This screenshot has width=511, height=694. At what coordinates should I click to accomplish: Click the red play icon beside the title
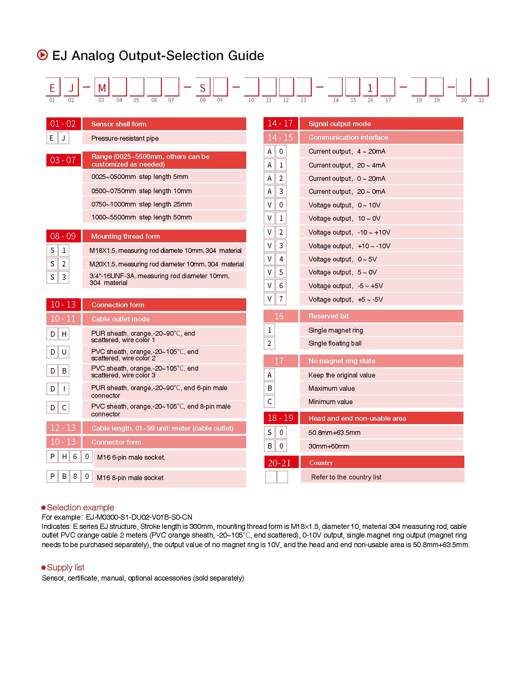pyautogui.click(x=42, y=55)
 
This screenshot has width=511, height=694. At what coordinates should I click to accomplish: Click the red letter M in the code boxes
pyautogui.click(x=102, y=88)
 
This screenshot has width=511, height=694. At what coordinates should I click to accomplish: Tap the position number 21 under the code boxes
pyautogui.click(x=481, y=100)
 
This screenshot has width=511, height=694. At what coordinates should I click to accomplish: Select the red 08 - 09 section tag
pyautogui.click(x=63, y=236)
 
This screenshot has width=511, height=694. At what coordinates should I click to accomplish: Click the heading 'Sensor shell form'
pyautogui.click(x=119, y=124)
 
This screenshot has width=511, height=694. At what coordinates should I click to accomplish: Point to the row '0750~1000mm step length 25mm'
pyautogui.click(x=141, y=204)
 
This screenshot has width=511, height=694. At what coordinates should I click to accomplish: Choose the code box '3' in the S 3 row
pyautogui.click(x=64, y=277)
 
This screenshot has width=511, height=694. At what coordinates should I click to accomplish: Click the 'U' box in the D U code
pyautogui.click(x=64, y=352)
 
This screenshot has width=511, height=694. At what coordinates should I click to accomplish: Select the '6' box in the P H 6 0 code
pyautogui.click(x=75, y=457)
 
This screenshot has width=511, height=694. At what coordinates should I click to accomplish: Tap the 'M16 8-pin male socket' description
pyautogui.click(x=130, y=478)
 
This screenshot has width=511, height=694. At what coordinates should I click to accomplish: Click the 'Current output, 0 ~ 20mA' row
pyautogui.click(x=347, y=179)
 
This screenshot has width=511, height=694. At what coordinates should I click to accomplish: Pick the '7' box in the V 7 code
pyautogui.click(x=281, y=299)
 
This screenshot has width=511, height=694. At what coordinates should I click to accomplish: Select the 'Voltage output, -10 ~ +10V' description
pyautogui.click(x=349, y=232)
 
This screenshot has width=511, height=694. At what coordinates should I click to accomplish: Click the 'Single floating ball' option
pyautogui.click(x=335, y=343)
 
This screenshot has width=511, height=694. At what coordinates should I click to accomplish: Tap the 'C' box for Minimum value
pyautogui.click(x=269, y=402)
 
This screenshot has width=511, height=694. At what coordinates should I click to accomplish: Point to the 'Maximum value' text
pyautogui.click(x=331, y=388)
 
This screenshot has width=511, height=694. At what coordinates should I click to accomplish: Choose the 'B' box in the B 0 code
pyautogui.click(x=269, y=446)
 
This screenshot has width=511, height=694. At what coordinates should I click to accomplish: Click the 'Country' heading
pyautogui.click(x=321, y=462)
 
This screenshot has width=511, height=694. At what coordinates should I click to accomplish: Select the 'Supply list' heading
pyautogui.click(x=65, y=567)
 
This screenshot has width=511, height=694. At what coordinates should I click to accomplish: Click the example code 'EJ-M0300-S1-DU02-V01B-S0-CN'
pyautogui.click(x=139, y=517)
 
